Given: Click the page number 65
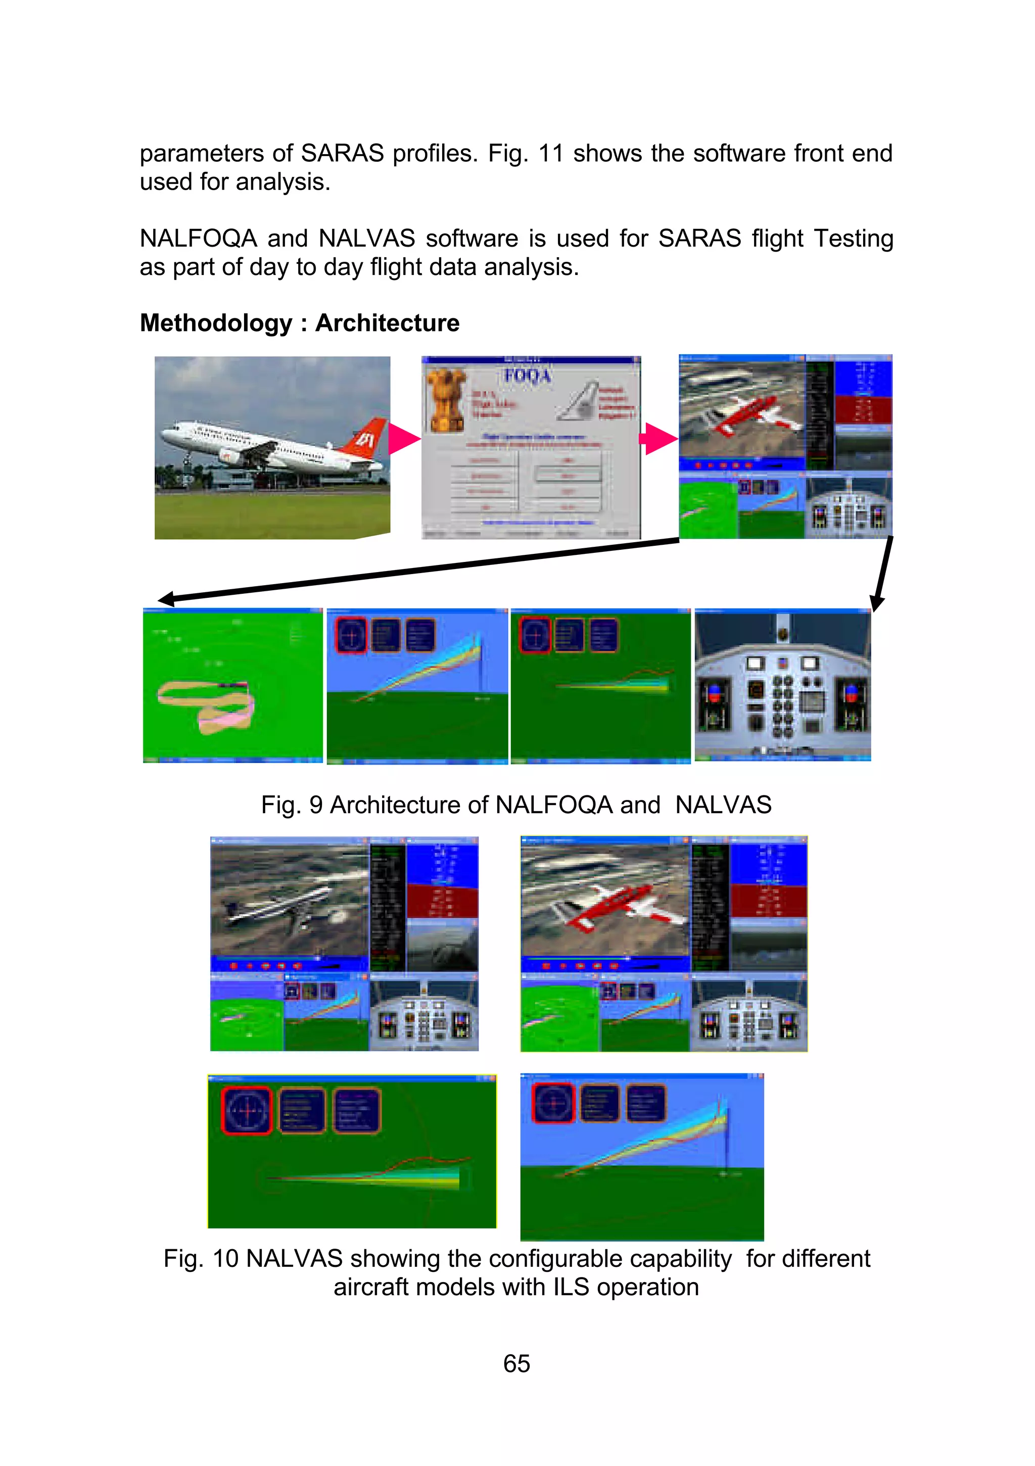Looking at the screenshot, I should coord(516,1363).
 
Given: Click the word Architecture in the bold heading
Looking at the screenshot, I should coord(387,323).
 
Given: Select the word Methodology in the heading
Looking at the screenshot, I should coord(216,323).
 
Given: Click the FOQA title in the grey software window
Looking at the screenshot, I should coord(528,375).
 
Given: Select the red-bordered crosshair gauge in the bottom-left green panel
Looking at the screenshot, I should coord(247,1111).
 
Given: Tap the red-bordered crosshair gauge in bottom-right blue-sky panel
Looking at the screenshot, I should coord(553,1103).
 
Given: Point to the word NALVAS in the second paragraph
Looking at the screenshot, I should coord(366,238).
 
